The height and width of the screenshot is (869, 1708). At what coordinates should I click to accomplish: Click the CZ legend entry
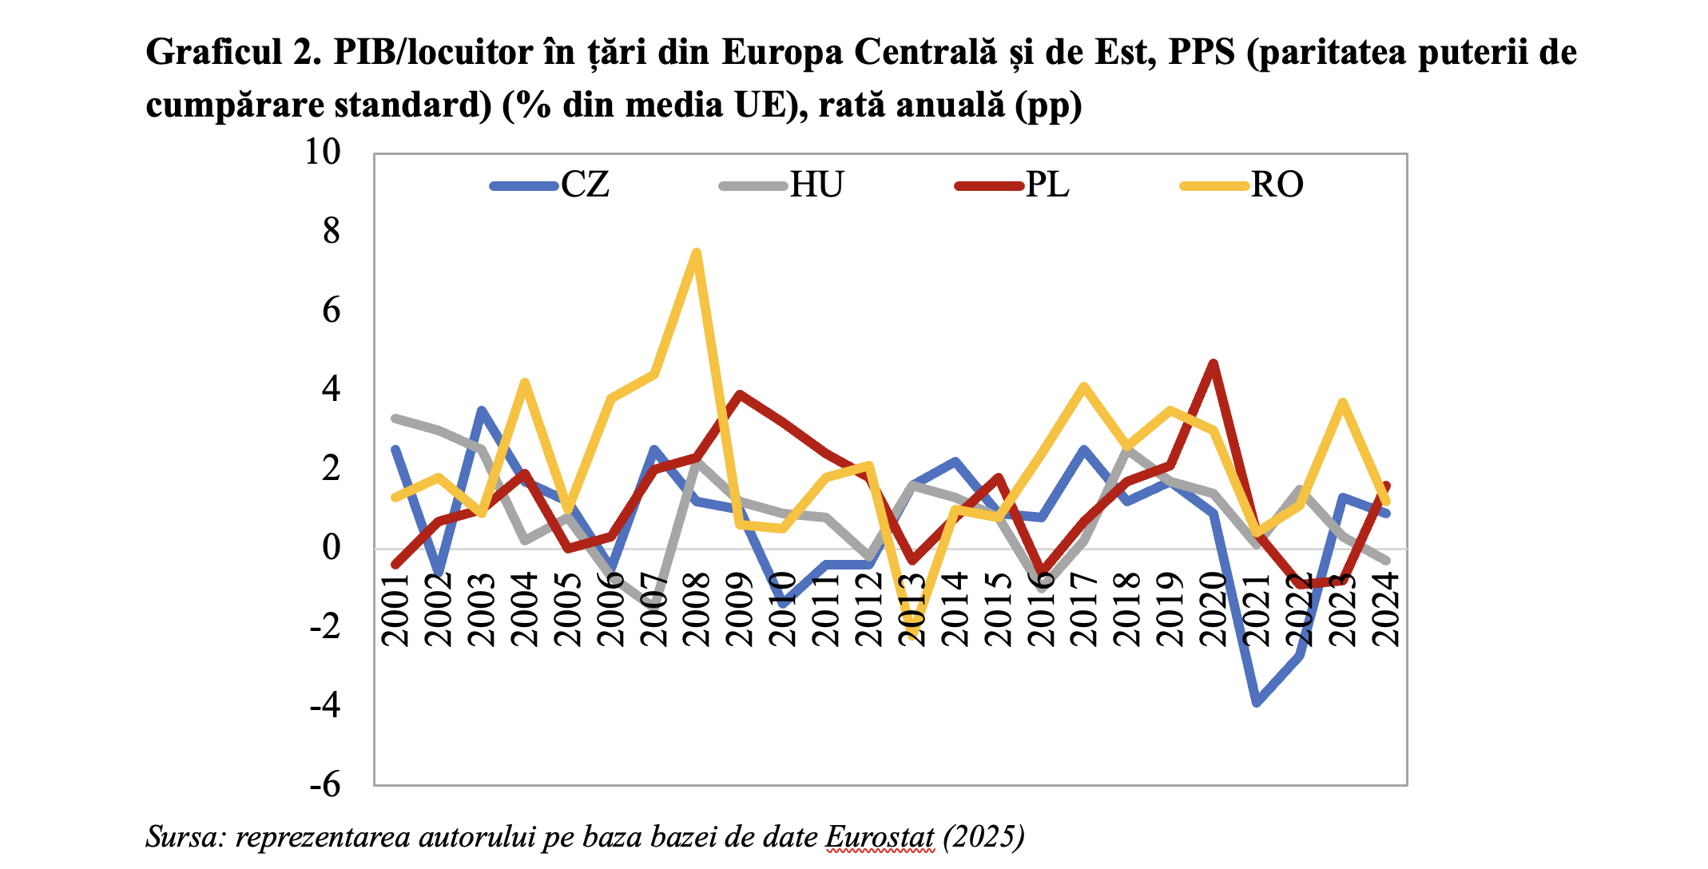(551, 185)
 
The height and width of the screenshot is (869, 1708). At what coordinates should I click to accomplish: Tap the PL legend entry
(1013, 185)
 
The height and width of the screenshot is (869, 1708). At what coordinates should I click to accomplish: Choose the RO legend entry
(1243, 185)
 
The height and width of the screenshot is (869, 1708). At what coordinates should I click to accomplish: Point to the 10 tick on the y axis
(322, 152)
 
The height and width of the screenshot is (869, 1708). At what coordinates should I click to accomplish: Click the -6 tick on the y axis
(324, 785)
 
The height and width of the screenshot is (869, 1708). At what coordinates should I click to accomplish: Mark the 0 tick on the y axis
(331, 548)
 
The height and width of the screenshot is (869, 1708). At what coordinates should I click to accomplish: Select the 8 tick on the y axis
(331, 232)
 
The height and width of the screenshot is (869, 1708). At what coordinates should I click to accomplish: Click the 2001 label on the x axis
(395, 609)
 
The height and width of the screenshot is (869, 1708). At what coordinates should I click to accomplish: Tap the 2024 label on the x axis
(1386, 609)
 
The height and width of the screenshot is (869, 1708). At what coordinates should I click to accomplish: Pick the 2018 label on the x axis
(1127, 609)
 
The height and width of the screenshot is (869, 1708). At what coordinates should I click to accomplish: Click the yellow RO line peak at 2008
(697, 252)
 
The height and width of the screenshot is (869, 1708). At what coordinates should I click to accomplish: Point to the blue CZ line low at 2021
(1257, 703)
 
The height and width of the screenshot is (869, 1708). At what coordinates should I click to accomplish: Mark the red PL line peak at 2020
(1213, 364)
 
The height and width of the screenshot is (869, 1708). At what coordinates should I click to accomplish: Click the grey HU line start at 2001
(395, 418)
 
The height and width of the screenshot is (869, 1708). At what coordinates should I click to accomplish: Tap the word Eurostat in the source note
(879, 837)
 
